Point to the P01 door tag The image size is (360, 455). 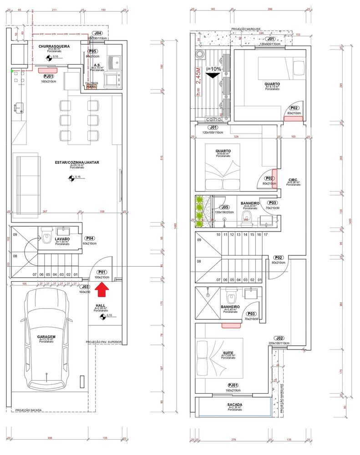click(101, 272)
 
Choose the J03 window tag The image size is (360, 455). click(85, 287)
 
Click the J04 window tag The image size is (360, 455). click(97, 34)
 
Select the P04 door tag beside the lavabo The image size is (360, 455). click(90, 238)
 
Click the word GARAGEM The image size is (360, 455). click(46, 337)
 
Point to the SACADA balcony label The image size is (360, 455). click(234, 404)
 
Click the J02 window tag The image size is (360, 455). click(279, 338)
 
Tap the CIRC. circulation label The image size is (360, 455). click(293, 180)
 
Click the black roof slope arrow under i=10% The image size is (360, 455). click(212, 76)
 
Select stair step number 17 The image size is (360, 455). click(265, 234)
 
